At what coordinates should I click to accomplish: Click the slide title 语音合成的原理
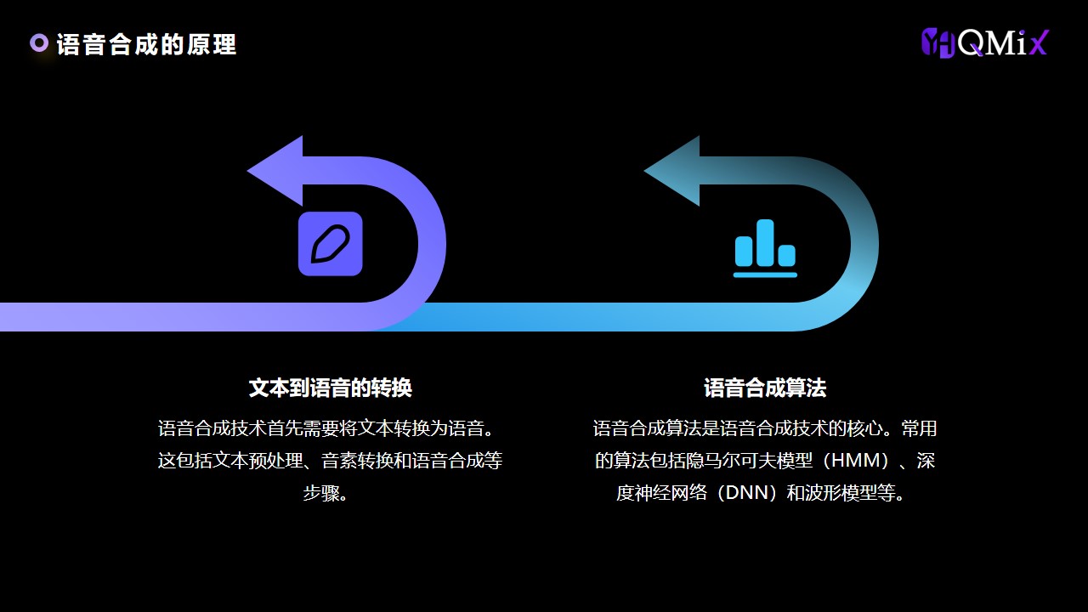click(146, 45)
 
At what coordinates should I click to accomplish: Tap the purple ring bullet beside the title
click(39, 43)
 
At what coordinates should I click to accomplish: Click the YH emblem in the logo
click(938, 42)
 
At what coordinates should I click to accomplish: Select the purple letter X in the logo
click(1039, 42)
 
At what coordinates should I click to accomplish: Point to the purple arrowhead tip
click(247, 171)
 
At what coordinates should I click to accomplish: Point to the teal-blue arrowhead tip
click(644, 171)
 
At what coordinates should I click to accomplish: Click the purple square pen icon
click(331, 244)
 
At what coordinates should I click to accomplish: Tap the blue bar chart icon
click(766, 248)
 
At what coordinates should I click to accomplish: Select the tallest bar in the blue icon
click(766, 242)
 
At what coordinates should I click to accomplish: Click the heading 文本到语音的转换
click(331, 388)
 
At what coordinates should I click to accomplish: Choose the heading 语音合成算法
click(765, 388)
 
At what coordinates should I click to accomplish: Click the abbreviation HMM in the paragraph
click(859, 461)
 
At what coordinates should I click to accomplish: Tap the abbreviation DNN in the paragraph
click(749, 493)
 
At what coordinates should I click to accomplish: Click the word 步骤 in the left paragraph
click(321, 493)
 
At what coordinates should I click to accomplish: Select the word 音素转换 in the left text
click(357, 461)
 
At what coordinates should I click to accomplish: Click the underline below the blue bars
click(766, 275)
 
